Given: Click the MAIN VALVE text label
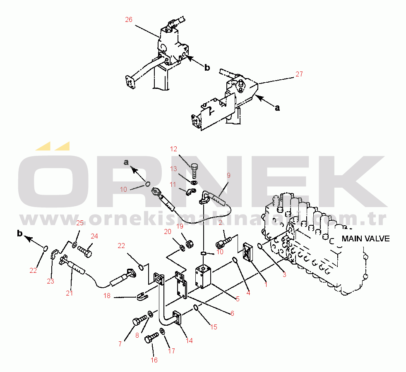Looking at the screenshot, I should pyautogui.click(x=365, y=239).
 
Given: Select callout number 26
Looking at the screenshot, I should pyautogui.click(x=129, y=19).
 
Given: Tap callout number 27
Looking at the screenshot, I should pyautogui.click(x=299, y=74).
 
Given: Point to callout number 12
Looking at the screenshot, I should pyautogui.click(x=173, y=148).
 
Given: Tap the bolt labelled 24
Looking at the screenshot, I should pyautogui.click(x=85, y=250).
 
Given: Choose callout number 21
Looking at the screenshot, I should pyautogui.click(x=69, y=293).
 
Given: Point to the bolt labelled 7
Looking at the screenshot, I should pyautogui.click(x=139, y=321).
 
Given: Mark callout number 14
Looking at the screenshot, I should pyautogui.click(x=189, y=341).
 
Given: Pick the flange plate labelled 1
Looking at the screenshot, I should pyautogui.click(x=249, y=253).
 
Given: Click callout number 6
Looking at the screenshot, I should pyautogui.click(x=232, y=314).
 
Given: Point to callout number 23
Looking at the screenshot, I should pyautogui.click(x=50, y=281).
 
